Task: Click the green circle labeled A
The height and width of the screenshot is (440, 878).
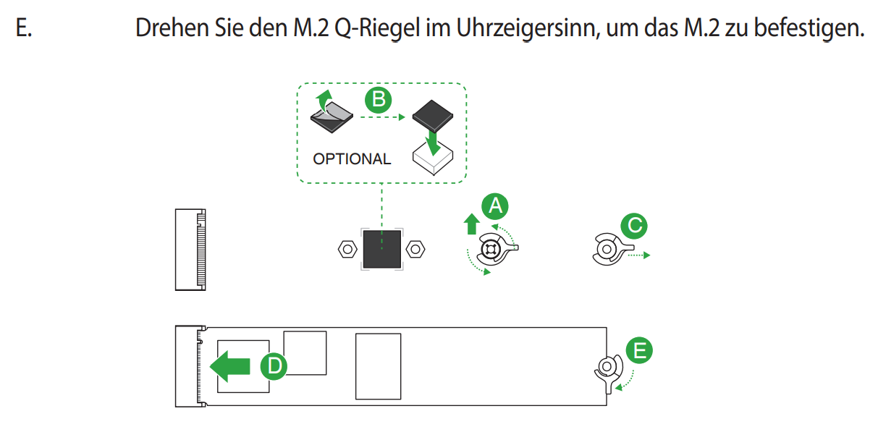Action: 495,206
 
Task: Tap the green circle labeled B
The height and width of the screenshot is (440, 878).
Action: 379,100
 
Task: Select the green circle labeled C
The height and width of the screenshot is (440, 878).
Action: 634,226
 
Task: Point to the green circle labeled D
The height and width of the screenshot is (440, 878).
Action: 274,366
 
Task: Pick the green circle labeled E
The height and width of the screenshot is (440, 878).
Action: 639,350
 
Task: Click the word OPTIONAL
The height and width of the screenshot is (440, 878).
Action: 352,159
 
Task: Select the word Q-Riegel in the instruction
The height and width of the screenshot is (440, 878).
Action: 377,29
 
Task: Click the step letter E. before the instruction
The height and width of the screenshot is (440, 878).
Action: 23,28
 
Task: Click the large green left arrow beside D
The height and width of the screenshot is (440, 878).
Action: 230,366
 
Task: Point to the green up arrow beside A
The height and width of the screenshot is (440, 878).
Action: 471,224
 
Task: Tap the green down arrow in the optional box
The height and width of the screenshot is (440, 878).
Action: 433,143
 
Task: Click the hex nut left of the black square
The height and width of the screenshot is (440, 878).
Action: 347,249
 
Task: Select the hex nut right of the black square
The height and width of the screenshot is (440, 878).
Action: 415,249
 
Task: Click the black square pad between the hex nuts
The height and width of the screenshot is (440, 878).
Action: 382,249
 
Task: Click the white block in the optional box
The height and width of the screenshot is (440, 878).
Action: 433,158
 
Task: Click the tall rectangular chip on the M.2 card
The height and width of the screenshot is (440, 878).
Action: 379,366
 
